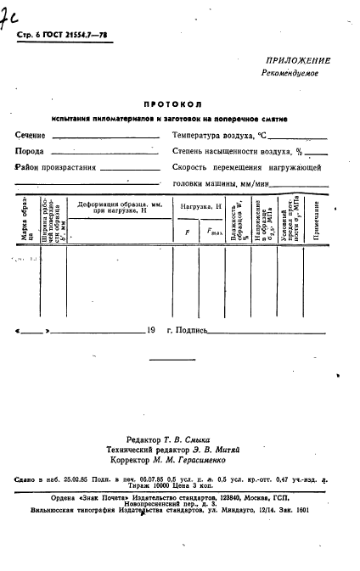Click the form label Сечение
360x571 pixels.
(31, 135)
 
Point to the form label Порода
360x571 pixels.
(30, 151)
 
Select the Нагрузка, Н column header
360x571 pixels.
(200, 206)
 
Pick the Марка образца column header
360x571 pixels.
(26, 221)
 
